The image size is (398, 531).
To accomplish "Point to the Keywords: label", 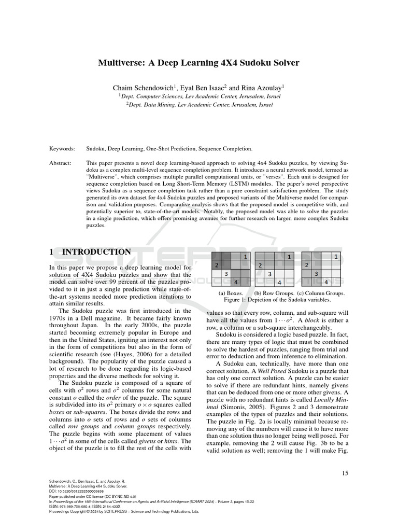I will pyautogui.click(x=62, y=149).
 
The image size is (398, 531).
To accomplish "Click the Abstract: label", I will pyautogui.click(x=62, y=162).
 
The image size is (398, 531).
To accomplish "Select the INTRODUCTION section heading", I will pyautogui.click(x=96, y=252).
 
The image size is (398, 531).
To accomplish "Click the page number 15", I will pyautogui.click(x=345, y=473).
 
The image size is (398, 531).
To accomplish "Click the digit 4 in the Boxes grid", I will pyautogui.click(x=236, y=282).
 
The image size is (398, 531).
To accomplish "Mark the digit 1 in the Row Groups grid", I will pyautogui.click(x=289, y=257).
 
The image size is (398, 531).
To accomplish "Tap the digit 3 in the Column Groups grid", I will pyautogui.click(x=317, y=274).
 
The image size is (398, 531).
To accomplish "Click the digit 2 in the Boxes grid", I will pyautogui.click(x=217, y=265).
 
